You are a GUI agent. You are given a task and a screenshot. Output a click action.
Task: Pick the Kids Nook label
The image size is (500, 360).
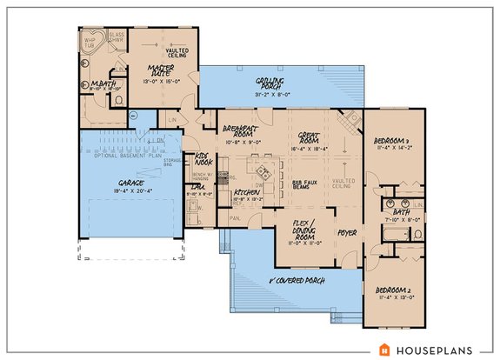click(x=203, y=140)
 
